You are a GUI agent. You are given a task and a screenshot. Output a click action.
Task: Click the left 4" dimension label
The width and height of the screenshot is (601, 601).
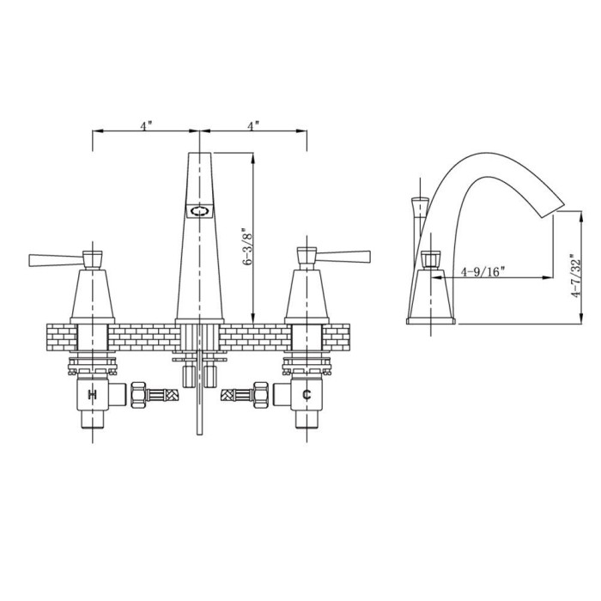[146, 125]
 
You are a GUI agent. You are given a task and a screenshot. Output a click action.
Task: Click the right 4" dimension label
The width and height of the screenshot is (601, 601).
[253, 125]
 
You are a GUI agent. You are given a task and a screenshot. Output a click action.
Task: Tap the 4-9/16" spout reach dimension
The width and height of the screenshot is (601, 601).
[483, 272]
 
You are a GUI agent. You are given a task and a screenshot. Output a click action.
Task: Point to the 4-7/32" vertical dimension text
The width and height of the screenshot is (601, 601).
[575, 276]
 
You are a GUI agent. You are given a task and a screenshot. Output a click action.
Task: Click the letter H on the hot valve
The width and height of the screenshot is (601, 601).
[93, 394]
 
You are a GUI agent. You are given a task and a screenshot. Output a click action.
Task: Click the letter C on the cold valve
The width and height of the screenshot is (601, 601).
[307, 394]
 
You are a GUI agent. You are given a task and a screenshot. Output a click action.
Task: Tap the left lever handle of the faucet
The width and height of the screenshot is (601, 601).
[56, 259]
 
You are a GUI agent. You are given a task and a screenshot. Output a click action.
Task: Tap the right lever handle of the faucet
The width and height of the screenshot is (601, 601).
[343, 258]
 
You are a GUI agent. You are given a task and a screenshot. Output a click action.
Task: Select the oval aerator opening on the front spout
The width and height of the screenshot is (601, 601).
[199, 211]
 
